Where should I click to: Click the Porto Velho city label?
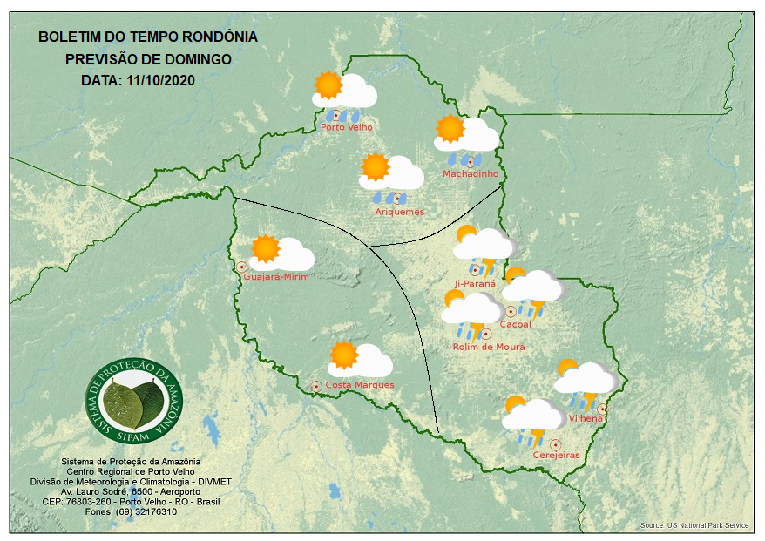point(346,127)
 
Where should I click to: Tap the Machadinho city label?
point(470,174)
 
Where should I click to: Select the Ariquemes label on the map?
point(399,212)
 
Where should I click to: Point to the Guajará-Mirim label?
point(276,277)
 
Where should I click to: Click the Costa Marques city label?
point(359,385)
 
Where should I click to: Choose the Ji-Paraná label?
point(475,283)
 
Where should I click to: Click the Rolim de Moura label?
point(488,347)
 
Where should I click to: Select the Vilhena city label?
point(585,419)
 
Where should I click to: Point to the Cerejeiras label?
point(556,456)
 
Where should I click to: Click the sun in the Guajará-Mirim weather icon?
point(265,249)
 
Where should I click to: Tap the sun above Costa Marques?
point(343,355)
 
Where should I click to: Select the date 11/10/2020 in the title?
point(162,80)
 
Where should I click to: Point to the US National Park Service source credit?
point(694,525)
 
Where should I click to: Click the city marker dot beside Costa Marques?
point(316,386)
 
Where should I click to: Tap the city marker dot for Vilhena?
point(601,409)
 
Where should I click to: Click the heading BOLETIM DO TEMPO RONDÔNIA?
point(148,37)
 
